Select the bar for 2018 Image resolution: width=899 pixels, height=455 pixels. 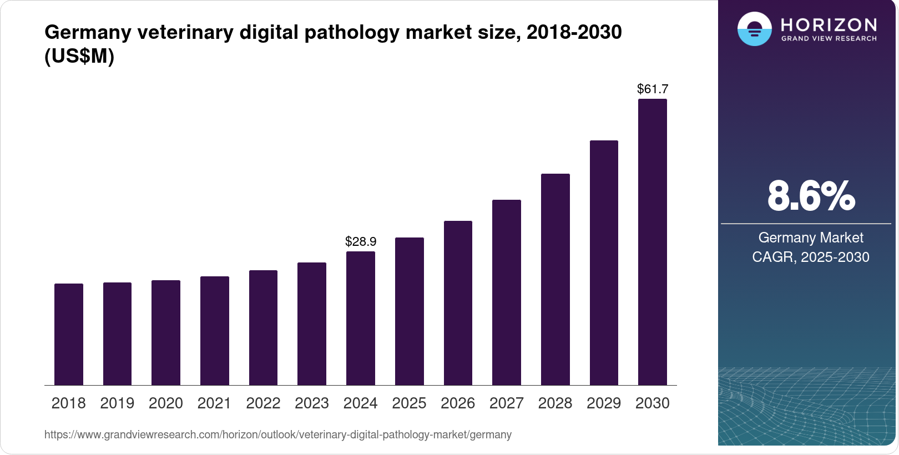coord(69,334)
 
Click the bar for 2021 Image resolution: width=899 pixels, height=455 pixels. coord(215,331)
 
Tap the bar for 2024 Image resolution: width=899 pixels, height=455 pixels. coord(361,318)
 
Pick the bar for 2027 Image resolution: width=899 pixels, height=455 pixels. coord(506,292)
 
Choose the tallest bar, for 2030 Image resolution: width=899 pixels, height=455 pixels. coord(652,242)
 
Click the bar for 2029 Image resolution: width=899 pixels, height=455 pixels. coord(604,262)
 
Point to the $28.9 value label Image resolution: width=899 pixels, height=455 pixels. coord(361,242)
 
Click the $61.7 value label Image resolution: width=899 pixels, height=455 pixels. coord(653,89)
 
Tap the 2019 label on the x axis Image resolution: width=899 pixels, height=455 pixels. coord(117,403)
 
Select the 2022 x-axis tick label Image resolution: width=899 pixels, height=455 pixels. coord(263,403)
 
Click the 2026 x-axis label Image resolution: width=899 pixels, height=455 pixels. coord(458,403)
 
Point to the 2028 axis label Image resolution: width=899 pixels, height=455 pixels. coord(555,403)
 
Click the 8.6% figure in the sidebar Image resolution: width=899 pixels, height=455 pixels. coord(811,196)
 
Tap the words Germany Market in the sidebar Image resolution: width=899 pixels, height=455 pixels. coord(811,238)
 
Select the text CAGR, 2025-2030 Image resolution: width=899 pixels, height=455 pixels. coord(811,257)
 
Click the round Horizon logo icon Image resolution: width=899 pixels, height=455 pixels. coord(754,29)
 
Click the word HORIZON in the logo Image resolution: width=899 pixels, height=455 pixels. coord(829,24)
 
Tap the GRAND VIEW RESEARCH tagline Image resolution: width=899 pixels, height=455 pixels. coord(829,39)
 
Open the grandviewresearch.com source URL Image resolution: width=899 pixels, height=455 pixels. coord(278,435)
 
